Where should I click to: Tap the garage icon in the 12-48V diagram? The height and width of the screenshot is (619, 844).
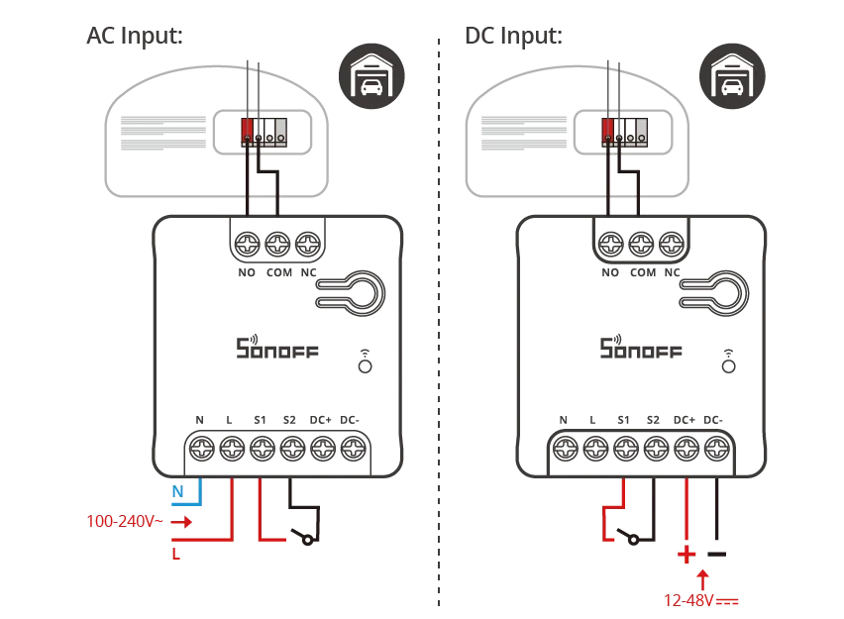point(733,73)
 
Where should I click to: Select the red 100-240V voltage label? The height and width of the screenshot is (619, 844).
point(124,522)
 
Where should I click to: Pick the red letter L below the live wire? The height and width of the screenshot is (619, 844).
point(175,556)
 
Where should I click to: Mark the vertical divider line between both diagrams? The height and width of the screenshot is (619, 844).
point(439,317)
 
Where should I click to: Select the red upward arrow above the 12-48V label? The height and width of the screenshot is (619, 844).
point(702,575)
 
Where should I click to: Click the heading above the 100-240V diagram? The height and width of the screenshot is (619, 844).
point(130,37)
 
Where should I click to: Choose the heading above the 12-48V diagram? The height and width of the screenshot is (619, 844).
point(510,37)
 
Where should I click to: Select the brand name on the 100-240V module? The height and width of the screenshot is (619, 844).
point(276,350)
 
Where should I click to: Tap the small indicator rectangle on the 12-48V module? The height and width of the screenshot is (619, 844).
point(728,363)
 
